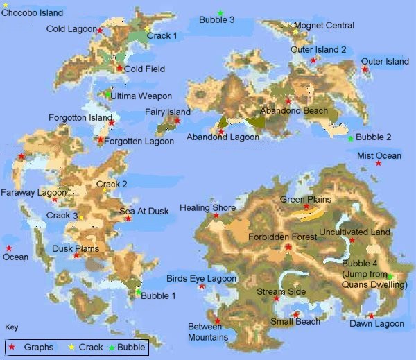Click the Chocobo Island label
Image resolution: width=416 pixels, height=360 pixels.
click(33, 12)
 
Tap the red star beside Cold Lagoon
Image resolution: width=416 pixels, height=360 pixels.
click(100, 31)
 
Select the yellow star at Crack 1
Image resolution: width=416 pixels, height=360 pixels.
click(148, 29)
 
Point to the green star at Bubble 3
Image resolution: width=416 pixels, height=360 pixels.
click(220, 13)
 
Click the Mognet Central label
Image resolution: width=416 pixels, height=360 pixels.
click(324, 26)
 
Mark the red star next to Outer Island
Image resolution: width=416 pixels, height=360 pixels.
click(365, 69)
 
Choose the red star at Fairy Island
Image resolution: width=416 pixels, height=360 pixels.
click(177, 121)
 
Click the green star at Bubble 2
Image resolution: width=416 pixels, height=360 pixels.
click(350, 138)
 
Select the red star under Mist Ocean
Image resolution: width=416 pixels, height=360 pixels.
click(379, 163)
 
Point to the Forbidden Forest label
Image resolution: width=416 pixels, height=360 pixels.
click(282, 237)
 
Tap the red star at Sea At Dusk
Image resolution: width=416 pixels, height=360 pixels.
click(128, 218)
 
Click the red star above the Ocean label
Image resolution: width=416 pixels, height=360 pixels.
click(9, 248)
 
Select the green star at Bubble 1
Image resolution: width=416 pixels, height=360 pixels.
click(138, 292)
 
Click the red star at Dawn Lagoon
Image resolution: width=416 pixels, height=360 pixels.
click(371, 316)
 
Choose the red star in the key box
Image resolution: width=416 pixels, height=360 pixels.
click(12, 347)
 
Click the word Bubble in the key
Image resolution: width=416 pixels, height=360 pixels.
click(131, 347)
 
